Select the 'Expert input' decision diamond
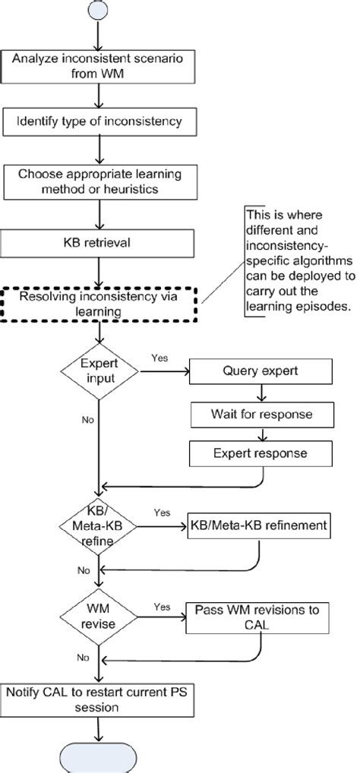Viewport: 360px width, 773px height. coord(99,371)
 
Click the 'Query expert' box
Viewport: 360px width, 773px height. coord(261,371)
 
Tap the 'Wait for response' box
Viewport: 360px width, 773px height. coord(261,415)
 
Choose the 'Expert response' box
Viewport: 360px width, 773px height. coord(261,453)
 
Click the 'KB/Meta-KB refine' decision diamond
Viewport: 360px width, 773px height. coord(99,525)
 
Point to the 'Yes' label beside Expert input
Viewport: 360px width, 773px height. coord(159,358)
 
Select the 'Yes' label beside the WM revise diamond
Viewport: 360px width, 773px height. coord(161,606)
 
